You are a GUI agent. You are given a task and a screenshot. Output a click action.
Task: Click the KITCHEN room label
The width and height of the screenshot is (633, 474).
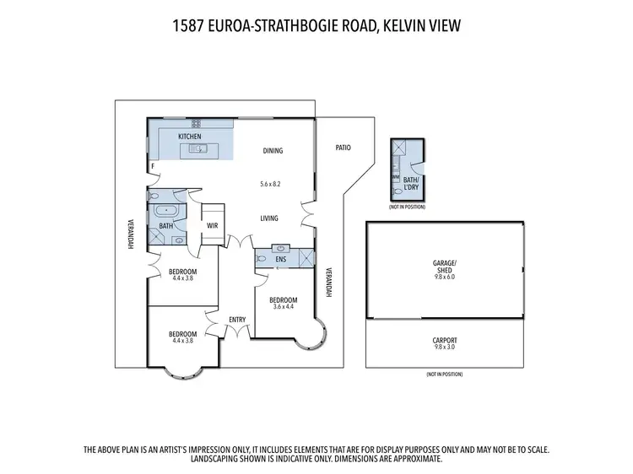189,137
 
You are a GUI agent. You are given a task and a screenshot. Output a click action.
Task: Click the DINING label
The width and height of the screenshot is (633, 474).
273,151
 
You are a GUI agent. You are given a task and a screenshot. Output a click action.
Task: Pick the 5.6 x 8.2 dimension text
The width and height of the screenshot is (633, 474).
269,183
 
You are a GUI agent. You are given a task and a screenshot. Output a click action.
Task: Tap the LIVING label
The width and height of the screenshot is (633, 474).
269,218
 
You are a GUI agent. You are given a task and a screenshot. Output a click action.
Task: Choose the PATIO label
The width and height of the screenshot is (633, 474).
342,148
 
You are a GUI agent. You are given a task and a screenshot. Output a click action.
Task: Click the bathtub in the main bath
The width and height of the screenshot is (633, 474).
166,212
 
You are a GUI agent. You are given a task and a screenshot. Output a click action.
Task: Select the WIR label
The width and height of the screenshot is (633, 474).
213,225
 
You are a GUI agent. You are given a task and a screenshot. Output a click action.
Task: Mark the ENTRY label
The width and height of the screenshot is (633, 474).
237,320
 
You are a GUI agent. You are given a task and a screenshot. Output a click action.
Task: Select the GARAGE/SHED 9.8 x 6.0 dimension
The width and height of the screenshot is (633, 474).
444,277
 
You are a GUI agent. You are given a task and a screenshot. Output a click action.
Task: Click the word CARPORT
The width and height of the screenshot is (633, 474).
444,340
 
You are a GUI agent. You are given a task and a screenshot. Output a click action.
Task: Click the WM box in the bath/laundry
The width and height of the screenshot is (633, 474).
394,178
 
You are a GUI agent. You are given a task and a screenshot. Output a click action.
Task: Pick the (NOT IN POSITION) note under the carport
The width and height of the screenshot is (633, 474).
444,374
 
